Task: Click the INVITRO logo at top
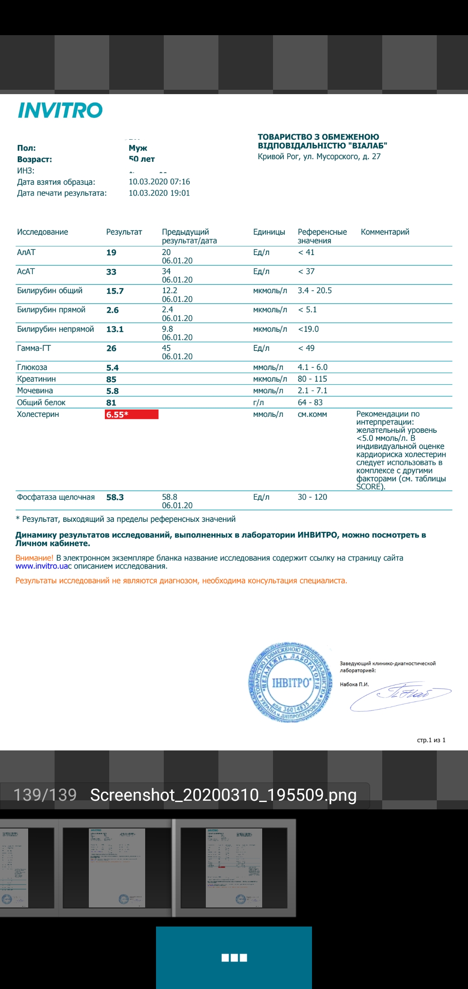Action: tap(60, 110)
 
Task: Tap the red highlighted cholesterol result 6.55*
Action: tap(131, 414)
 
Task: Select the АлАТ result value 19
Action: tap(111, 252)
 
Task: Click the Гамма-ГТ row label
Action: tap(34, 348)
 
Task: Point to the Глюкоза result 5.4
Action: tap(112, 368)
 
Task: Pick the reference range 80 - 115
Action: tap(312, 379)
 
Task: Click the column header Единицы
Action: tap(269, 232)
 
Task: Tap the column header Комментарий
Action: tap(385, 232)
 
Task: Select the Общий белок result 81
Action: tap(111, 403)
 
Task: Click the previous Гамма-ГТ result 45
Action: tap(166, 348)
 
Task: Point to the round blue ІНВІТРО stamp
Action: tap(290, 682)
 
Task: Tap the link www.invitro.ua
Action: tap(42, 566)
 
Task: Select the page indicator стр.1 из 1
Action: tap(431, 740)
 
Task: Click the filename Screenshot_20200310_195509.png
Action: tap(223, 795)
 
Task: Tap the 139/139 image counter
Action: tap(45, 795)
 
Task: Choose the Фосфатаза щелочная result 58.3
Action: tap(115, 497)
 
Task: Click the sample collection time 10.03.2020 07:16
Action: tap(159, 182)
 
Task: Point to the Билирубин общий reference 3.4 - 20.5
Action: tap(315, 291)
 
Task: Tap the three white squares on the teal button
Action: tap(234, 958)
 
